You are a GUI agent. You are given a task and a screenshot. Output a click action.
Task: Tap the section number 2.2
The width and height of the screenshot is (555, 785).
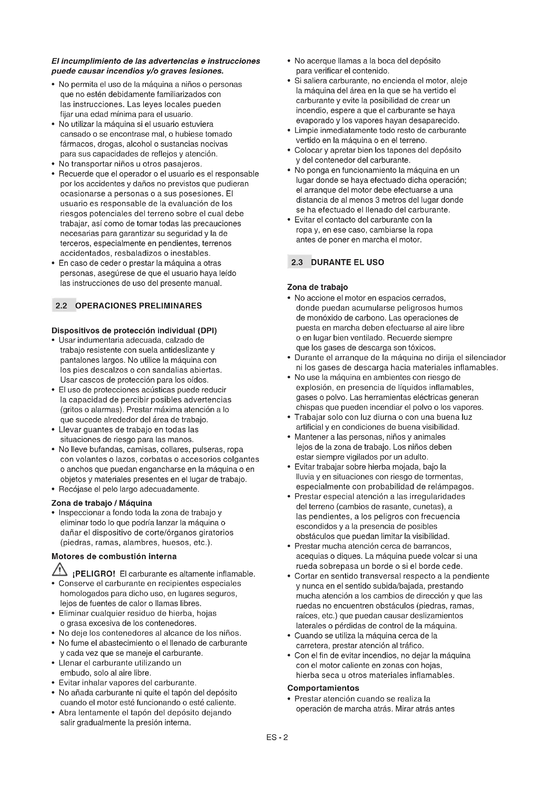coord(61,306)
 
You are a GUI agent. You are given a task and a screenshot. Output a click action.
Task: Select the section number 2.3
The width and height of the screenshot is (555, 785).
coord(297,262)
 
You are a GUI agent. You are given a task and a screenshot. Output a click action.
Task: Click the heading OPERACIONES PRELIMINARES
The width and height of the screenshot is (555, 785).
coord(138,306)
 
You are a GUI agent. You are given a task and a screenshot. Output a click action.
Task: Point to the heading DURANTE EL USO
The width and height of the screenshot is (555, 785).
coord(347,262)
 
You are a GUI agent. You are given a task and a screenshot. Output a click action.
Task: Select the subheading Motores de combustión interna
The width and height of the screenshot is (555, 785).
coord(114,556)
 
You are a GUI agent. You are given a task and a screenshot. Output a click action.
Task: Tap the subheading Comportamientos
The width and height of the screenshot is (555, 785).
coord(323,688)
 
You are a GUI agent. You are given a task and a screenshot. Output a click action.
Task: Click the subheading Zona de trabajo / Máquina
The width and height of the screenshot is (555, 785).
coord(101,503)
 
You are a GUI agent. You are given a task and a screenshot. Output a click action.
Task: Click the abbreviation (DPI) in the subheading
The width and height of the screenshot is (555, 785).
coord(207,331)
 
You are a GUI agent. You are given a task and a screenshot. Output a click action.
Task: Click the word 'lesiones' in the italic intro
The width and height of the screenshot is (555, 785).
coord(206,71)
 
